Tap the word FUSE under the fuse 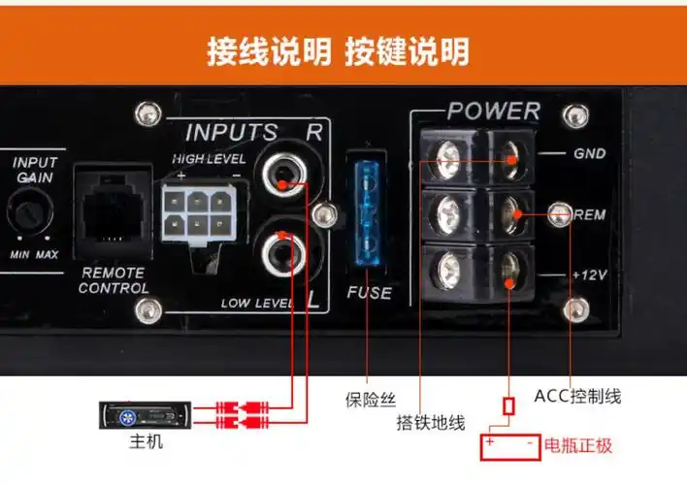pyautogui.click(x=369, y=292)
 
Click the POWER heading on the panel pyautogui.click(x=493, y=111)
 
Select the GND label pyautogui.click(x=587, y=153)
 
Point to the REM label pyautogui.click(x=590, y=214)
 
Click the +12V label pyautogui.click(x=588, y=275)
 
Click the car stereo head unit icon pyautogui.click(x=143, y=416)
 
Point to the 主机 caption pyautogui.click(x=147, y=441)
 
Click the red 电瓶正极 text pyautogui.click(x=578, y=446)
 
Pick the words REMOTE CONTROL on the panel pyautogui.click(x=113, y=280)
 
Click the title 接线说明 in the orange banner pyautogui.click(x=269, y=51)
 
